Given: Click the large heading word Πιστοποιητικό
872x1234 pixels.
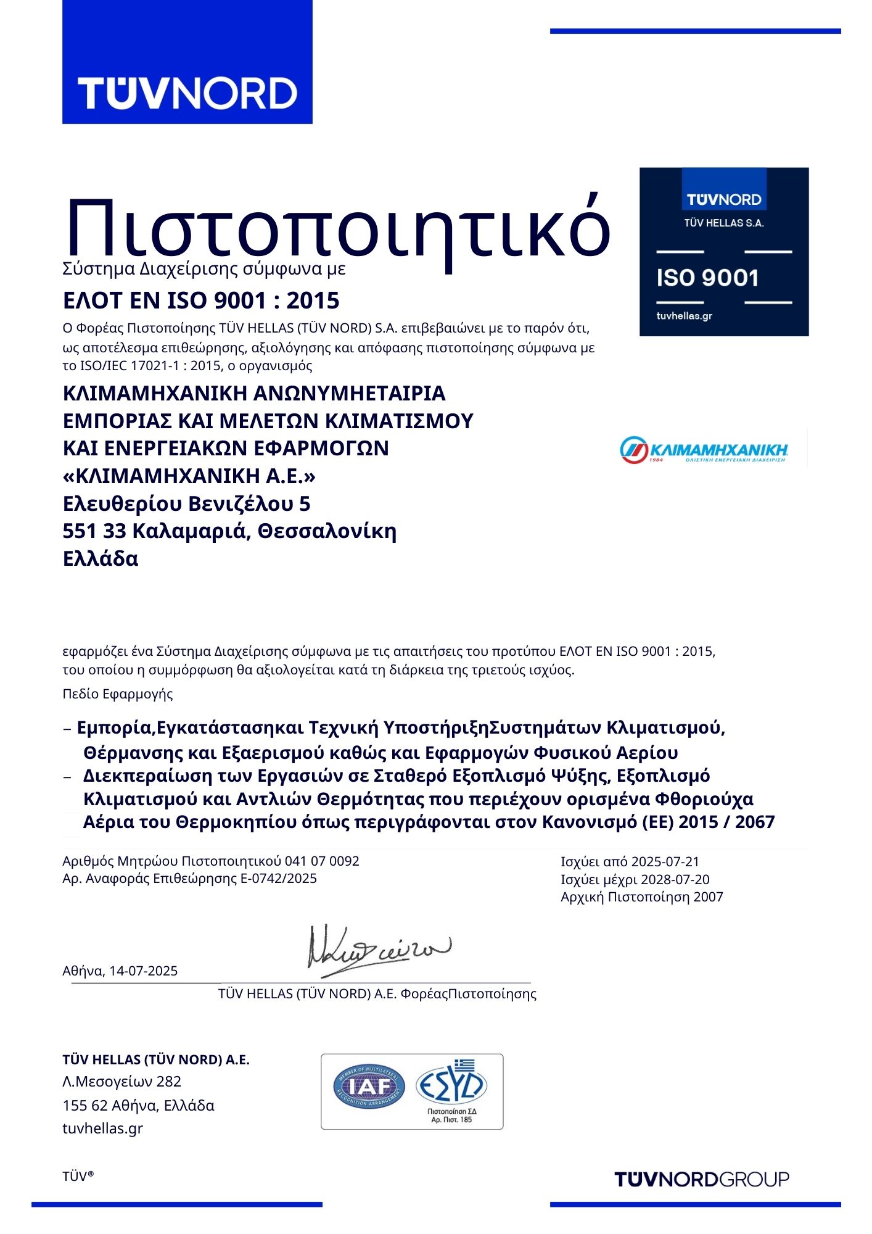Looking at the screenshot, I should tap(337, 229).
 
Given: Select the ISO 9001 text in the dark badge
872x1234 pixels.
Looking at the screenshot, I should tap(707, 278).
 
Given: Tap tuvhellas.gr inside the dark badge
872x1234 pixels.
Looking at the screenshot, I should tap(685, 316).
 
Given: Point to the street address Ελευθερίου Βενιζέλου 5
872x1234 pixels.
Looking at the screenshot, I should tap(186, 504).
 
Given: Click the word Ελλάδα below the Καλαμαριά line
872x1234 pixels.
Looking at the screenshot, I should tap(101, 558).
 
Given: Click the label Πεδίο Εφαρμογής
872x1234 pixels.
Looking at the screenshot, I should tap(118, 694).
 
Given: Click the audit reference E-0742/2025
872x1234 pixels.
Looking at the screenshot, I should tap(278, 878).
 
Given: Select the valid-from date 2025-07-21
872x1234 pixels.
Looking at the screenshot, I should tap(665, 862).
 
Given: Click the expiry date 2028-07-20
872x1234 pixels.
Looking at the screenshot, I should tap(675, 879).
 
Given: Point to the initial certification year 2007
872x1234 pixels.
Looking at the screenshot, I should tap(708, 897).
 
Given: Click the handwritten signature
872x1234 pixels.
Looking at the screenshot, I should tap(377, 949).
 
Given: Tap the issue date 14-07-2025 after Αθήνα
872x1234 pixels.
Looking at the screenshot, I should tap(144, 971).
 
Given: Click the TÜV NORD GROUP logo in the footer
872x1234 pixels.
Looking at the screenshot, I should tap(702, 1180).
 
